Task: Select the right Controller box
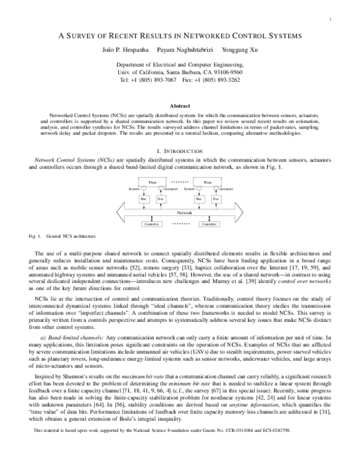tap(208, 224)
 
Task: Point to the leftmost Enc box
tap(143, 199)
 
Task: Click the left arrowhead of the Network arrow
tap(109, 212)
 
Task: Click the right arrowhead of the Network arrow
tap(250, 212)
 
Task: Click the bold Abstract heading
tap(180, 105)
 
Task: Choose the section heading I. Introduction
tap(180, 149)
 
